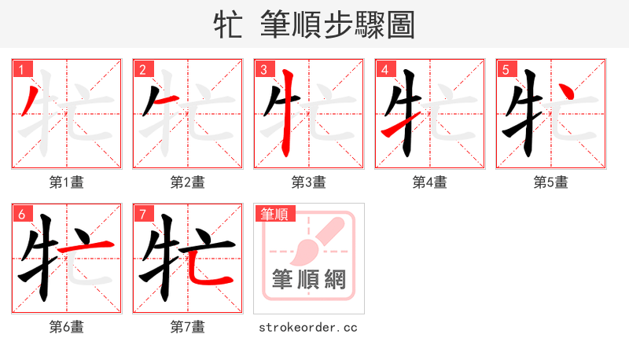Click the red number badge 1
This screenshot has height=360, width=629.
(x=21, y=70)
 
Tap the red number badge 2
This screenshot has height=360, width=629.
(x=142, y=70)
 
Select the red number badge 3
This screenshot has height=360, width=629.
(x=263, y=70)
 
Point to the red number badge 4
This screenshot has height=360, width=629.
(x=384, y=70)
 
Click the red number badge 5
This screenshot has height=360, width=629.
(x=506, y=70)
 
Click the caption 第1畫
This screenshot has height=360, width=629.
(x=67, y=182)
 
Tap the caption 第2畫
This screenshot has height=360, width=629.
(x=188, y=182)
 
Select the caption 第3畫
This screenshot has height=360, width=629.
(x=309, y=182)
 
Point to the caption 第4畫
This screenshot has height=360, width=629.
(x=430, y=182)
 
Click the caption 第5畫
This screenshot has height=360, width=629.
(x=551, y=182)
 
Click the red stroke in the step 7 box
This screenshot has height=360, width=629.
(x=206, y=271)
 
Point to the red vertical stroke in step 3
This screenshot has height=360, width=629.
(x=288, y=114)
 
